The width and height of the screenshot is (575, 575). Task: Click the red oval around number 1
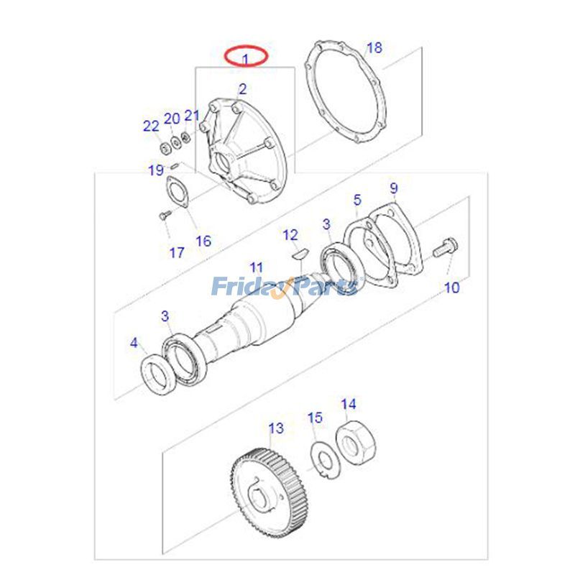(x=245, y=55)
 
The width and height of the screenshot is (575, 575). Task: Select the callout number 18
(x=374, y=48)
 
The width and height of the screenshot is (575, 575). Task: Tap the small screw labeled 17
(x=162, y=213)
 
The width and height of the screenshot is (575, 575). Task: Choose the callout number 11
(x=257, y=268)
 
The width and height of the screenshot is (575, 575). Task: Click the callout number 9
(x=394, y=188)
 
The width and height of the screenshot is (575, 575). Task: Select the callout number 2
(x=242, y=89)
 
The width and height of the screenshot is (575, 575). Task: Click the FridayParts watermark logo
(x=285, y=287)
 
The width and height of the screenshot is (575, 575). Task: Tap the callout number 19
(x=156, y=170)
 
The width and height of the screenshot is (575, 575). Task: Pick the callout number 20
(x=172, y=119)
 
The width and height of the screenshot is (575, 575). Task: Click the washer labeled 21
(x=186, y=137)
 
